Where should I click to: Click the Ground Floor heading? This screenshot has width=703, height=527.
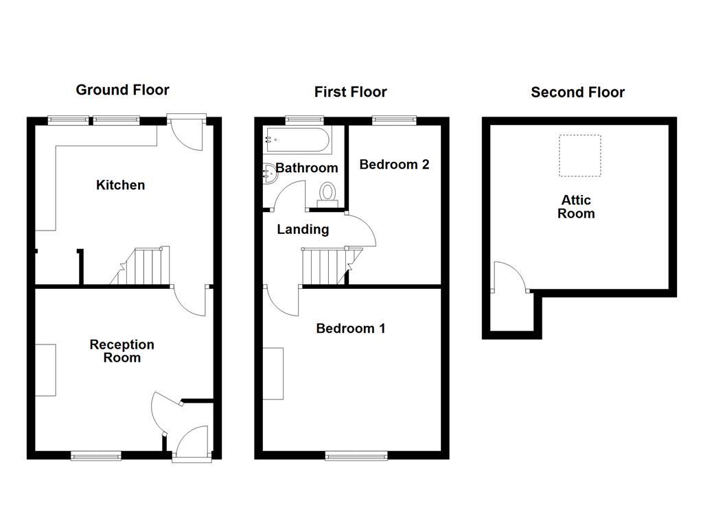pyautogui.click(x=122, y=90)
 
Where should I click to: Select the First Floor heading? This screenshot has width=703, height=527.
pyautogui.click(x=350, y=92)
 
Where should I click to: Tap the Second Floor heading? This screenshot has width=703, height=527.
pyautogui.click(x=577, y=93)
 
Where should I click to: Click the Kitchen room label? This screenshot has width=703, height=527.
pyautogui.click(x=120, y=185)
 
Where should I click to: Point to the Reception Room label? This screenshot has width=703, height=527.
pyautogui.click(x=122, y=351)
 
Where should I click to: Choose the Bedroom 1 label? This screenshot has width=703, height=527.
pyautogui.click(x=350, y=329)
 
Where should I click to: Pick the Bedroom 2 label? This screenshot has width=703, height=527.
pyautogui.click(x=394, y=165)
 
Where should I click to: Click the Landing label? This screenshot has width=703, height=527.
pyautogui.click(x=303, y=230)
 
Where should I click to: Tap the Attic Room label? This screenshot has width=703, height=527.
pyautogui.click(x=576, y=207)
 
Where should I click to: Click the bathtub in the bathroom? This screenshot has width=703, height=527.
pyautogui.click(x=297, y=141)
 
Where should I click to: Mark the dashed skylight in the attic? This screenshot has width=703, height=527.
pyautogui.click(x=579, y=156)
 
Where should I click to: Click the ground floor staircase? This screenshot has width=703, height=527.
pyautogui.click(x=144, y=267)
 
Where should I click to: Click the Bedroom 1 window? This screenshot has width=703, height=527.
pyautogui.click(x=356, y=455)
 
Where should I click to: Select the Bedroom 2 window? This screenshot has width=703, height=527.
pyautogui.click(x=394, y=120)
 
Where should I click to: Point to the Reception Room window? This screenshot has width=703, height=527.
pyautogui.click(x=97, y=455)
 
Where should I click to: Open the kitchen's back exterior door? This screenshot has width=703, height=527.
pyautogui.click(x=186, y=134)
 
